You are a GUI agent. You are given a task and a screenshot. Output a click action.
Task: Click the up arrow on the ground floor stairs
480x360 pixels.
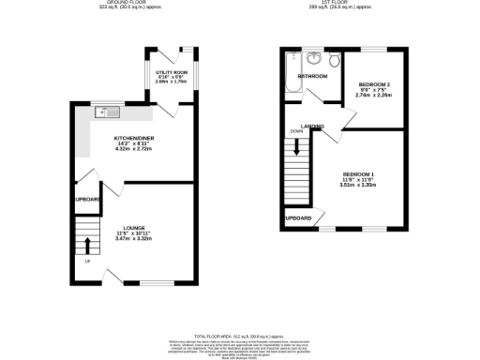pyautogui.click(x=88, y=246)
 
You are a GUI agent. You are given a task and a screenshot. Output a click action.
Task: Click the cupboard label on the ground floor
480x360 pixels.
pyautogui.click(x=87, y=199)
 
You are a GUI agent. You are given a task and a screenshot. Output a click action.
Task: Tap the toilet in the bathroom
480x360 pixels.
pyautogui.click(x=333, y=61)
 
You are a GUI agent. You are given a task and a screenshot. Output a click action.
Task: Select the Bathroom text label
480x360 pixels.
pyautogui.click(x=310, y=76)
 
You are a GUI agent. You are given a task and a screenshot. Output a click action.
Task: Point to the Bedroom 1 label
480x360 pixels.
pyautogui.click(x=357, y=174)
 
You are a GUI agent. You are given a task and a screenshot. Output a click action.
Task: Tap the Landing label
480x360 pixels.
pyautogui.click(x=312, y=127)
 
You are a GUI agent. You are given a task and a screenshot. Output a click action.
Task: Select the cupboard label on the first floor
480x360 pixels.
pyautogui.click(x=297, y=218)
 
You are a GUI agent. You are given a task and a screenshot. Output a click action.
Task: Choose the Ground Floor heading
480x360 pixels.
pyautogui.click(x=131, y=3)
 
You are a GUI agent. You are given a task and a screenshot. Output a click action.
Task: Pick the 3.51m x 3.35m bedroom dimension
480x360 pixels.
pyautogui.click(x=357, y=186)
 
